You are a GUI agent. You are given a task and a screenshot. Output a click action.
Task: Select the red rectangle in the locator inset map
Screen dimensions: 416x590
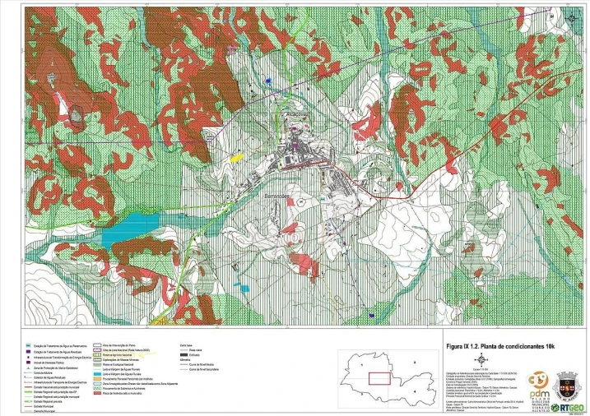(379, 378)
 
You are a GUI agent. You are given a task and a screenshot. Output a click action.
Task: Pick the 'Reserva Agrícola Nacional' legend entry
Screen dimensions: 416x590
(123, 354)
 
